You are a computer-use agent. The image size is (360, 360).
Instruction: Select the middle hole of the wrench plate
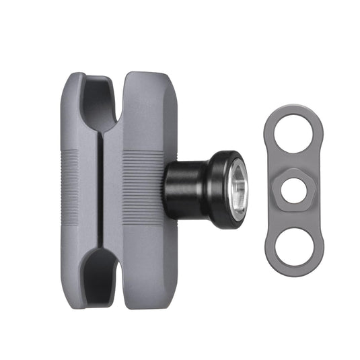[291, 190]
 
